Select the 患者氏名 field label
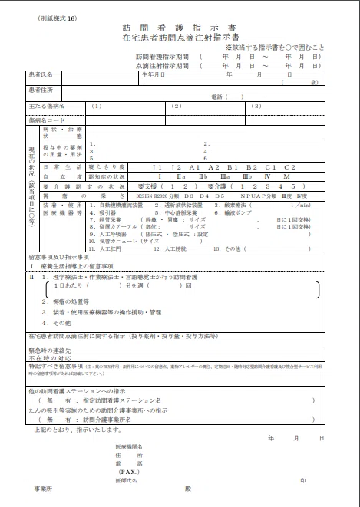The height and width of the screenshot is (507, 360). [41, 75]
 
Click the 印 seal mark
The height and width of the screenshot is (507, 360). [304, 480]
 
